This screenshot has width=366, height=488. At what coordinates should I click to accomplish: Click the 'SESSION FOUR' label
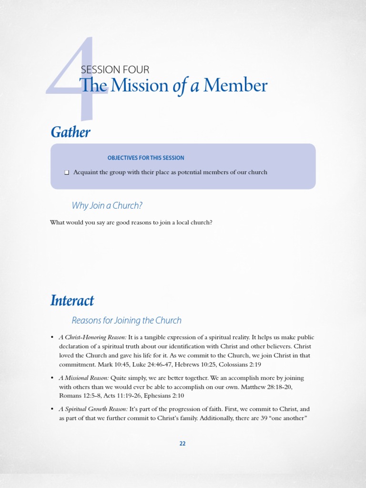115,70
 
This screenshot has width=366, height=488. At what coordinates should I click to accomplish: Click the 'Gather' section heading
71,132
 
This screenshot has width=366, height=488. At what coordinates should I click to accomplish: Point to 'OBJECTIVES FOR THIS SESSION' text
146,158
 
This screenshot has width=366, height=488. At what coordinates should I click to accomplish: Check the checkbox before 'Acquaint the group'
67,173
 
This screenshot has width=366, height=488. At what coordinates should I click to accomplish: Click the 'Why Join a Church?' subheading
107,205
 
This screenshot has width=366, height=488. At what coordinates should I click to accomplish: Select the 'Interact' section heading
72,301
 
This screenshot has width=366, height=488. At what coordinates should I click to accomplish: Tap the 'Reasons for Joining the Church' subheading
126,320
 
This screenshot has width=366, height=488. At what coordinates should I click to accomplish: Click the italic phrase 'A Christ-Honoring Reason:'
92,337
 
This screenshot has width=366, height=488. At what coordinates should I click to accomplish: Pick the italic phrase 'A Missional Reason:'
83,378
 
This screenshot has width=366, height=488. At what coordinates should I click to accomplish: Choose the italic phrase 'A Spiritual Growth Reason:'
93,409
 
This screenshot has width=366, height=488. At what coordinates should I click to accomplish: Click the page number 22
183,443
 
